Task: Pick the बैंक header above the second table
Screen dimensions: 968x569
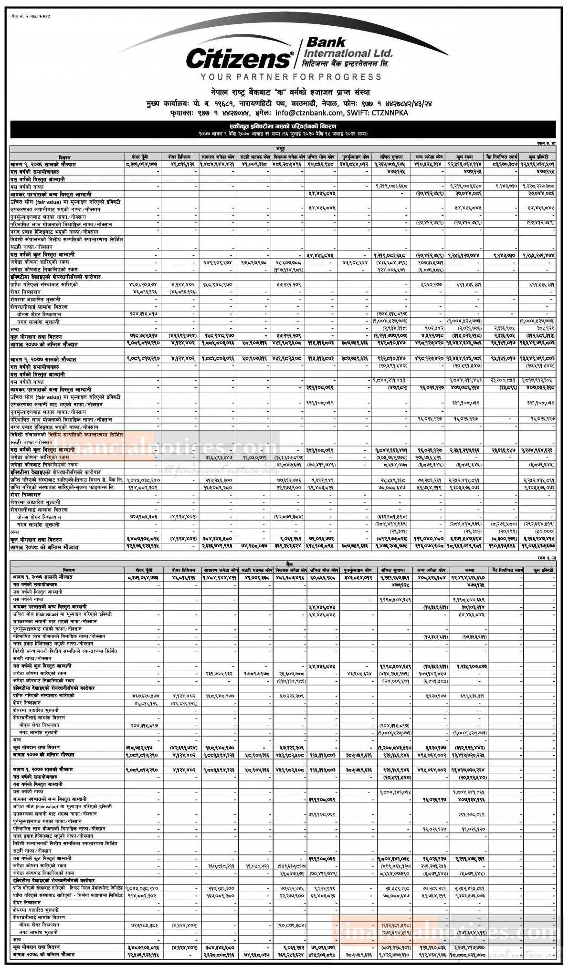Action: click(x=284, y=564)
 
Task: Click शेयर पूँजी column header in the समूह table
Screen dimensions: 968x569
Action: click(x=144, y=156)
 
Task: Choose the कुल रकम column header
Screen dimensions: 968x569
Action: click(x=463, y=156)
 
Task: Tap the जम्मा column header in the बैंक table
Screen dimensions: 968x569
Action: click(x=463, y=570)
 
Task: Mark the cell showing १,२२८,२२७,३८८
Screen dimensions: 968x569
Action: click(x=541, y=186)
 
